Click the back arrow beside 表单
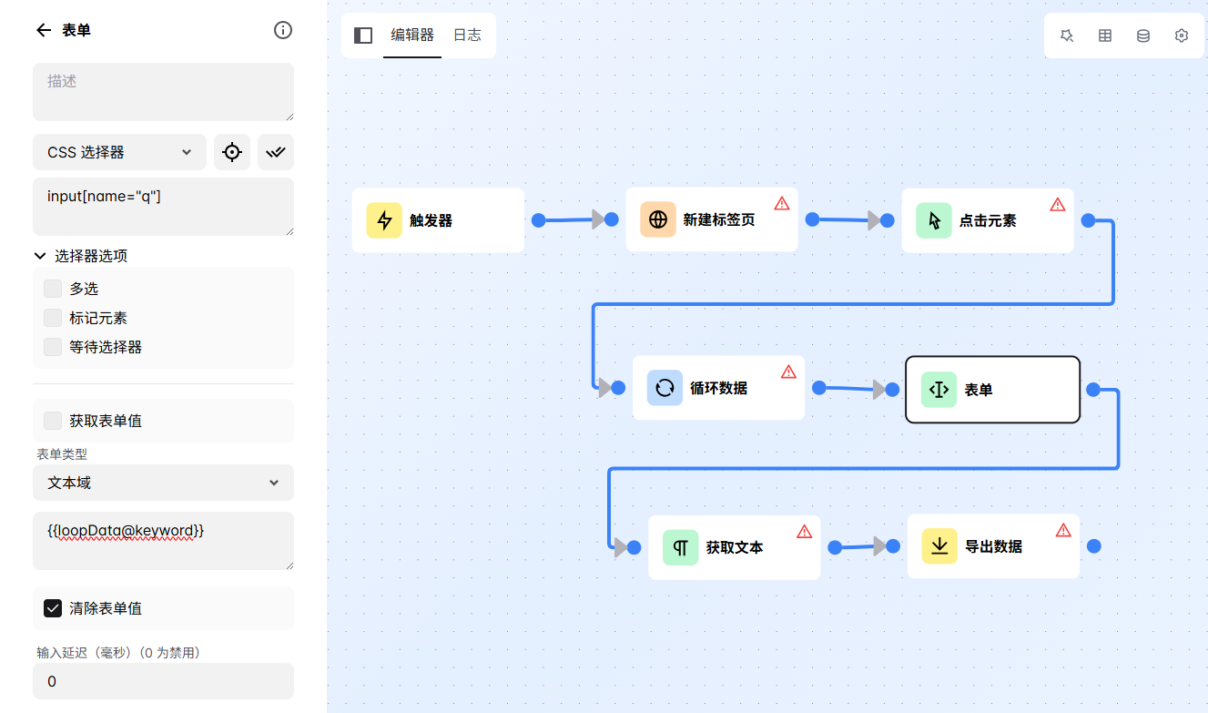tap(43, 30)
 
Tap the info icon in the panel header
tap(283, 30)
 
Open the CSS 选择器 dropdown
tap(119, 152)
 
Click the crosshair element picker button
tap(232, 152)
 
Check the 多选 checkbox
tap(53, 289)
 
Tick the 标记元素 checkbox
tap(53, 318)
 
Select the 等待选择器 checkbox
tap(53, 347)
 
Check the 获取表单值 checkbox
tap(53, 421)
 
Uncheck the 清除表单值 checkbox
tap(53, 608)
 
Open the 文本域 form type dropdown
tap(163, 483)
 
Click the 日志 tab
tap(467, 36)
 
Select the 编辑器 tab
tap(412, 36)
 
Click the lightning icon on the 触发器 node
tap(384, 220)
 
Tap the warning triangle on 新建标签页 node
tap(782, 203)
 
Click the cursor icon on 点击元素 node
tap(934, 220)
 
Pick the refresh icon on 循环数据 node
tap(665, 388)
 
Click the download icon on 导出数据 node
tap(939, 546)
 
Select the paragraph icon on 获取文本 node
tap(680, 547)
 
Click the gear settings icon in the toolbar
tap(1182, 36)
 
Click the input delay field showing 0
tap(163, 681)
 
